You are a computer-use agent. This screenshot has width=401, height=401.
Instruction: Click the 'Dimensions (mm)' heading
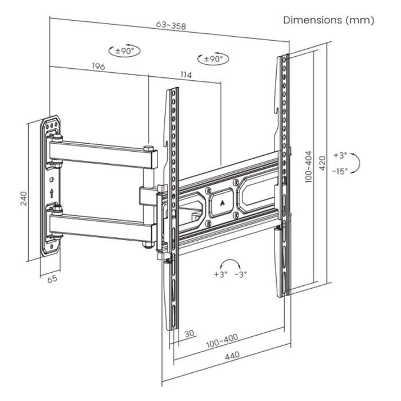coord(329,20)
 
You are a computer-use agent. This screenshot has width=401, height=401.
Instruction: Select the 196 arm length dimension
coord(98,67)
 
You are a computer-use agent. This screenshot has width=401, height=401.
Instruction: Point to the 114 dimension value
coord(184,75)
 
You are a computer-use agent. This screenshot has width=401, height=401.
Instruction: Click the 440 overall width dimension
coord(231,356)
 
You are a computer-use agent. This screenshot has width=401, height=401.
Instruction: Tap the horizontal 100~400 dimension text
coord(222,339)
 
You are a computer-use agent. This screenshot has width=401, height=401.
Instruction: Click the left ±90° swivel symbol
coord(124,51)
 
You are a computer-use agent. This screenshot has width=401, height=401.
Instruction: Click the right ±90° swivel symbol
coord(213,58)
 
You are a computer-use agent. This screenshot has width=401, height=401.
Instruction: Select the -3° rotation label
coord(241,274)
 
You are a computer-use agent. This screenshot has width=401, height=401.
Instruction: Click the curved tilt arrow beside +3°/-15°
coord(356,163)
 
